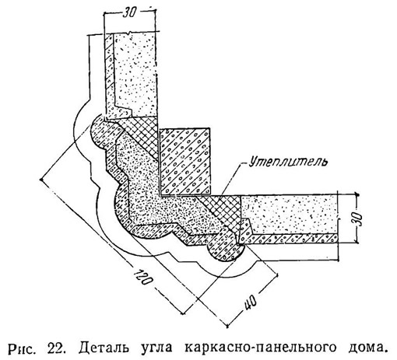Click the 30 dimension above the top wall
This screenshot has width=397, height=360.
(129, 13)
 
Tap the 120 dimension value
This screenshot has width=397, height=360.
(142, 277)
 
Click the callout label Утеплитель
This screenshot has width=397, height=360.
(288, 162)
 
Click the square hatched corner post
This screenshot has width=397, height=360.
(184, 161)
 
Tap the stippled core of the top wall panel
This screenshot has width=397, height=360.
(136, 74)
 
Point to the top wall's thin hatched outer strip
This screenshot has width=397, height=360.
(109, 75)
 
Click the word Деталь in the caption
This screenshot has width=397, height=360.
(104, 348)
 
